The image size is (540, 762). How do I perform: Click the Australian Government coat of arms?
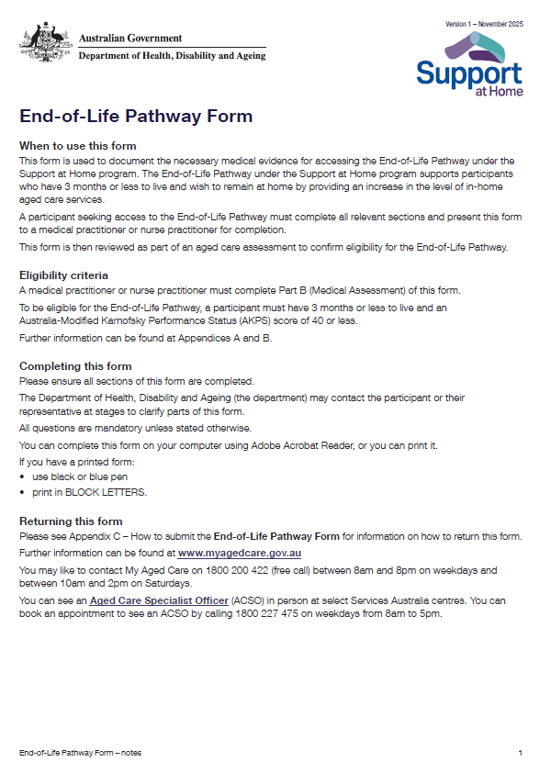[46, 42]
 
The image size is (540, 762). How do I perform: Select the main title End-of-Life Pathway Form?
[136, 117]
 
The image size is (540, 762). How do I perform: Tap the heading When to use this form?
[78, 146]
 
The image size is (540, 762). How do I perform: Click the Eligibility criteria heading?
[63, 275]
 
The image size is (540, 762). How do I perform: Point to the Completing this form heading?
[75, 366]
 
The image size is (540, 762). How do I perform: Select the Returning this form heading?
[71, 521]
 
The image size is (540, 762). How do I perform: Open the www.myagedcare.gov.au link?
[239, 554]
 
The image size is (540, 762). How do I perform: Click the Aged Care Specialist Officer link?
[158, 600]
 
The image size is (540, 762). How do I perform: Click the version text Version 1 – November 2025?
[484, 23]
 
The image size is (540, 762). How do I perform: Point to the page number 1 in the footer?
[520, 752]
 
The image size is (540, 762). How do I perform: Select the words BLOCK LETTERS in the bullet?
[113, 492]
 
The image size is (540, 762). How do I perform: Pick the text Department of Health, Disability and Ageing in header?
[172, 56]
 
